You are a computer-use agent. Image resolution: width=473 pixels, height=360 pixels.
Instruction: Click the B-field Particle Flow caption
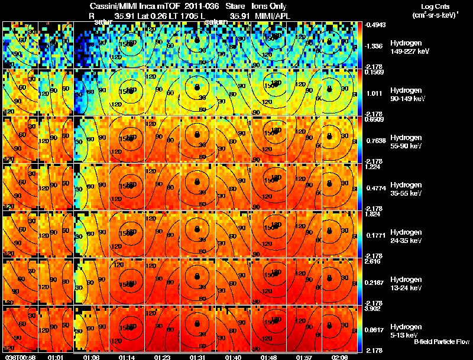[442, 342]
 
